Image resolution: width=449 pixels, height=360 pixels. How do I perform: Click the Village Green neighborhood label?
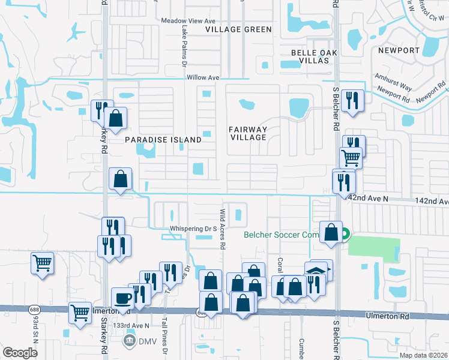(x=238, y=29)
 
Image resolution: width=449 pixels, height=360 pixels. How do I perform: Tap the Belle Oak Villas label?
(x=310, y=56)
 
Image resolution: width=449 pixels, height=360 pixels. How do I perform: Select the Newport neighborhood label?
(x=399, y=50)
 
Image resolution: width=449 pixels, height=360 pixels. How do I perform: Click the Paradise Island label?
(x=163, y=139)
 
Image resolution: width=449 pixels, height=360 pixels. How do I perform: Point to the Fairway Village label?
(x=248, y=133)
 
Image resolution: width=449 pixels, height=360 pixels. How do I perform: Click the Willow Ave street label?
(x=203, y=78)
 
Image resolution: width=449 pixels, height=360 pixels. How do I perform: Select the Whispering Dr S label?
(x=193, y=229)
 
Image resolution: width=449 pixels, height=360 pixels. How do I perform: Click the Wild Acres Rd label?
(x=222, y=229)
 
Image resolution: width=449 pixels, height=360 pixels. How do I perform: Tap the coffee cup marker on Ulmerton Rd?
(x=123, y=298)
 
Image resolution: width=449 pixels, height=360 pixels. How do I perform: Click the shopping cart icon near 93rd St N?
(x=42, y=262)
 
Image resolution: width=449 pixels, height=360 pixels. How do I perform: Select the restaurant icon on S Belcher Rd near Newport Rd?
(x=352, y=101)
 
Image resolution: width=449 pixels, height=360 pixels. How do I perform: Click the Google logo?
(x=20, y=353)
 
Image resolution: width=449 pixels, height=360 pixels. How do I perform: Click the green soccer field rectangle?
(x=373, y=249)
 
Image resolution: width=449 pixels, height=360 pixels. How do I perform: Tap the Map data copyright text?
(x=424, y=355)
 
